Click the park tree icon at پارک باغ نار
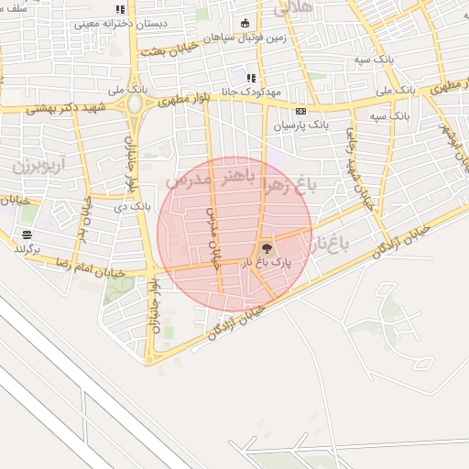point(267,248)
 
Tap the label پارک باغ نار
point(267,263)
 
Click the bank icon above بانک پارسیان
point(300,110)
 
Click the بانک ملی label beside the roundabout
point(128,90)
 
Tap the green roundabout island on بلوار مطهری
point(136,104)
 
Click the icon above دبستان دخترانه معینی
point(121,9)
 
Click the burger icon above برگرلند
point(26,235)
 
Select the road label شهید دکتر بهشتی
point(65,106)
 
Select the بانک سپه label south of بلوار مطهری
point(388,116)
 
